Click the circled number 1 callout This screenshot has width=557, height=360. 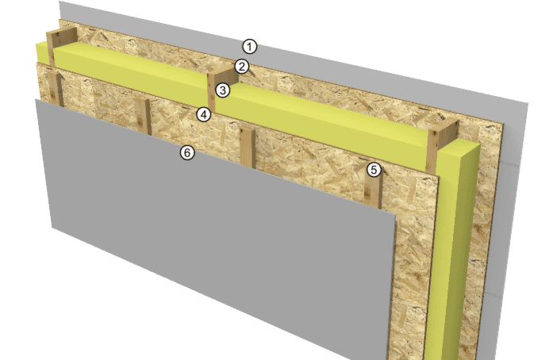[x=250, y=47]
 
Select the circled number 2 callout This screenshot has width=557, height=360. [x=242, y=67]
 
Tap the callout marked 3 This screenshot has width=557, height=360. [x=223, y=90]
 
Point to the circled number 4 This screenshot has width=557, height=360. [x=204, y=115]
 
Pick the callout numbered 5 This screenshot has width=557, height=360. [x=374, y=170]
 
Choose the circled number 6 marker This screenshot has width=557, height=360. [x=187, y=153]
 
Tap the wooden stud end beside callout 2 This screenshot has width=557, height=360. [x=222, y=76]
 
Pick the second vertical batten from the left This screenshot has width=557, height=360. [x=143, y=117]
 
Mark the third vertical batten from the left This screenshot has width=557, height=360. [x=248, y=148]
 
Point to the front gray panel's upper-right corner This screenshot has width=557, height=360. [x=395, y=215]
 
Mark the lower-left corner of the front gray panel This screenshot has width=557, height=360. [x=52, y=228]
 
